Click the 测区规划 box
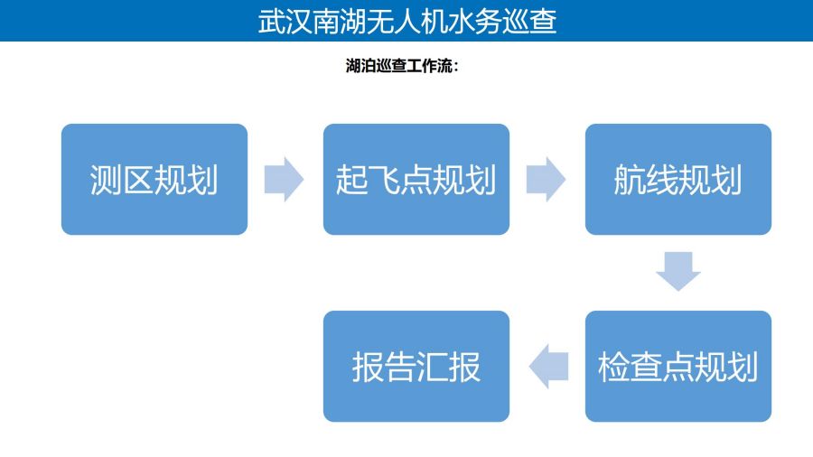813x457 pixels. (x=154, y=179)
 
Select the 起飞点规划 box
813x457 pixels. (x=416, y=179)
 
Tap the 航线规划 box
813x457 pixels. (x=678, y=179)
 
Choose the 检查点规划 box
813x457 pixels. (x=678, y=367)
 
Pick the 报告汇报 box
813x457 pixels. (x=416, y=367)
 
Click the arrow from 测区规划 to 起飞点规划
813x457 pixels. (x=284, y=179)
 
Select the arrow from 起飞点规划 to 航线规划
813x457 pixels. (x=546, y=179)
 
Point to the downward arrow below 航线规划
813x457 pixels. (x=678, y=271)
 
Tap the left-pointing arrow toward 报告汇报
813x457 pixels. (x=548, y=367)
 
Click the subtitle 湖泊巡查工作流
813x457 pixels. (x=399, y=66)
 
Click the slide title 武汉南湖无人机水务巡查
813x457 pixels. (x=407, y=22)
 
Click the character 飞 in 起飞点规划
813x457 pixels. (x=384, y=180)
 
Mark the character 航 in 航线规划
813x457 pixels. (x=630, y=180)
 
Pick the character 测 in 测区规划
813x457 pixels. (x=106, y=180)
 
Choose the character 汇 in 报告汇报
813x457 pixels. (x=432, y=367)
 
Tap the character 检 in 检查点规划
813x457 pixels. (x=614, y=367)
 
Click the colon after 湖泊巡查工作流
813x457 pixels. (x=456, y=66)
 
